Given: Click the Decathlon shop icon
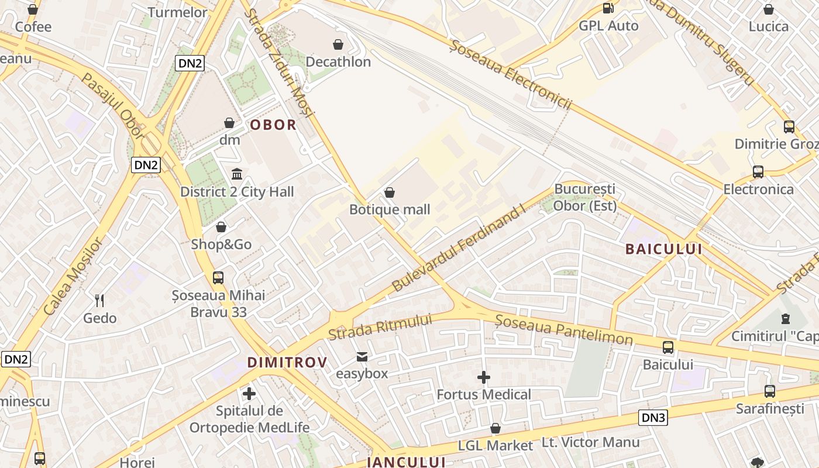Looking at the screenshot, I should point(338,44).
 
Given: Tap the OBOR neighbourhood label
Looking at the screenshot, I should point(273,125).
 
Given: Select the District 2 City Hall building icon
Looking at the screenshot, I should point(237,174).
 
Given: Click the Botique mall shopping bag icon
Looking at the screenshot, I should point(390,192).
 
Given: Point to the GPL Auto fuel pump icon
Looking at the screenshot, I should point(608,8).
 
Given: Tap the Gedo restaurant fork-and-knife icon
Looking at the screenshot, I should point(99,301).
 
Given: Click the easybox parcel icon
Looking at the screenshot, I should point(362,356).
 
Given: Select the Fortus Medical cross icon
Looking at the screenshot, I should point(484,377).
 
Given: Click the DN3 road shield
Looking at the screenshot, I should point(653,418).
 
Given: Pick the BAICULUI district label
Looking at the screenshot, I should point(663,249).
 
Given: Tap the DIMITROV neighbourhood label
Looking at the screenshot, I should point(287,363).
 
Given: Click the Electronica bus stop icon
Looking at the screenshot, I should point(758,172).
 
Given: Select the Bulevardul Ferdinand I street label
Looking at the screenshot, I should point(458,249).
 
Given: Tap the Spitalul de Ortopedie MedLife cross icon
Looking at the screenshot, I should point(249,394).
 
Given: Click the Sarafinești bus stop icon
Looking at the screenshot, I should point(770,391).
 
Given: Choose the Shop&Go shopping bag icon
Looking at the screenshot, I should point(221,227).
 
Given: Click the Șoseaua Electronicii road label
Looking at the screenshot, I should point(510,74).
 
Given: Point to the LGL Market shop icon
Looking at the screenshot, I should point(495,429).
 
